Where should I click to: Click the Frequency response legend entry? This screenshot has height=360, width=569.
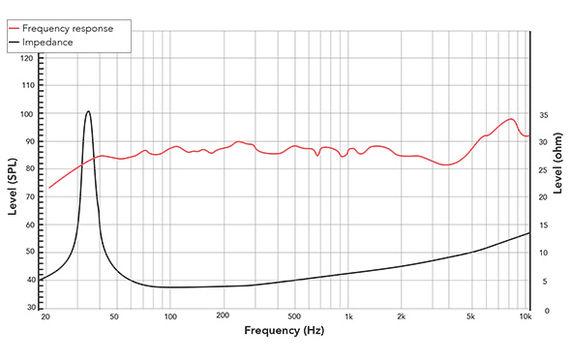coord(74,29)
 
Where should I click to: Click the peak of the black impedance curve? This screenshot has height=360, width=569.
coord(88,111)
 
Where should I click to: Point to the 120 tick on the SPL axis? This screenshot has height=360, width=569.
coord(27,58)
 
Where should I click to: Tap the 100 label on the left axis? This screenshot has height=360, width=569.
coord(27,114)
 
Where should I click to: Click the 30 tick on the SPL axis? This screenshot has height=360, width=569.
coord(27,308)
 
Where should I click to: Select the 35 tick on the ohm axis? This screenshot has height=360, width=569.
coord(544,114)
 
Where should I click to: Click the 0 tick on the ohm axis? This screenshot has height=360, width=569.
coord(542,311)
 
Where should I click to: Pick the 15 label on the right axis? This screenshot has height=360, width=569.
coord(544,225)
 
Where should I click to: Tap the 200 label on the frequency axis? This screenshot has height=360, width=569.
coord(222,317)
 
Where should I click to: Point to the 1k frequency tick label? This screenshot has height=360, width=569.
coord(349,317)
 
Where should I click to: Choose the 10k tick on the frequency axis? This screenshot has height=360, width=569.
coord(525,317)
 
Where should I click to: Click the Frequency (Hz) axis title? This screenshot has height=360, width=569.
coord(284,332)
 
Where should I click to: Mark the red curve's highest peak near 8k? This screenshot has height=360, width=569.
coord(510,119)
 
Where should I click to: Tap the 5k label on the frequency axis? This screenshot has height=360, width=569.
coord(471,317)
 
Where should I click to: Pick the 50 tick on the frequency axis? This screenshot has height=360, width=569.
coord(114,317)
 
